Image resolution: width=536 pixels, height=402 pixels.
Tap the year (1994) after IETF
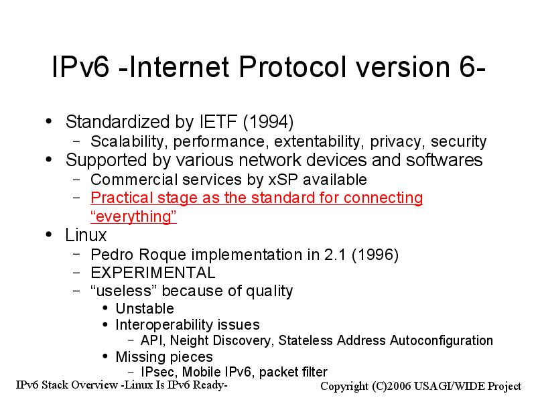(269, 122)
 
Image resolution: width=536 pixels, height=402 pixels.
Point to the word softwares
(444, 160)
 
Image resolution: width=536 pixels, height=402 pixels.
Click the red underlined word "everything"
(133, 216)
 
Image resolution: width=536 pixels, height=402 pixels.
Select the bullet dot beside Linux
(49, 234)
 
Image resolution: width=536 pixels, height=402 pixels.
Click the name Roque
(162, 255)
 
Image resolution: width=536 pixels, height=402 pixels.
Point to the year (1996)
(375, 255)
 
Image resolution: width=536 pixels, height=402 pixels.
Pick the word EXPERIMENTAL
(153, 273)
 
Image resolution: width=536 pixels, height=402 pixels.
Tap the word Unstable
(145, 309)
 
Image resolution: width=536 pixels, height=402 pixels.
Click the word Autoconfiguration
(442, 341)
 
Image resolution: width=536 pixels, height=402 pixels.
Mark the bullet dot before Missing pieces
(105, 356)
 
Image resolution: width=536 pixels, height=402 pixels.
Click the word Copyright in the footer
(344, 387)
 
